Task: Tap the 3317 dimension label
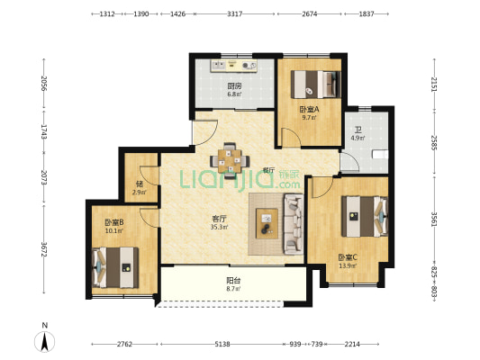tap(235, 13)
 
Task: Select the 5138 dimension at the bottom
tap(222, 344)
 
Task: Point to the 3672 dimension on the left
tap(44, 249)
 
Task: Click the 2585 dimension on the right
tap(434, 142)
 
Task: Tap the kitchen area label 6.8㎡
tap(234, 94)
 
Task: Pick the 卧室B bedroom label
tap(113, 222)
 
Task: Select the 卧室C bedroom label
tap(348, 257)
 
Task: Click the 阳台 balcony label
tap(233, 280)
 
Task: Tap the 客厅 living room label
tap(219, 219)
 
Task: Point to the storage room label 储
tap(140, 184)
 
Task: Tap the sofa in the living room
tap(294, 224)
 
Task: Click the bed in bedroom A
tap(316, 85)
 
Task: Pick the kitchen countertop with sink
tap(233, 66)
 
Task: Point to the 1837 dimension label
tap(367, 13)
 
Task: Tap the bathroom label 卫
tap(358, 130)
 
